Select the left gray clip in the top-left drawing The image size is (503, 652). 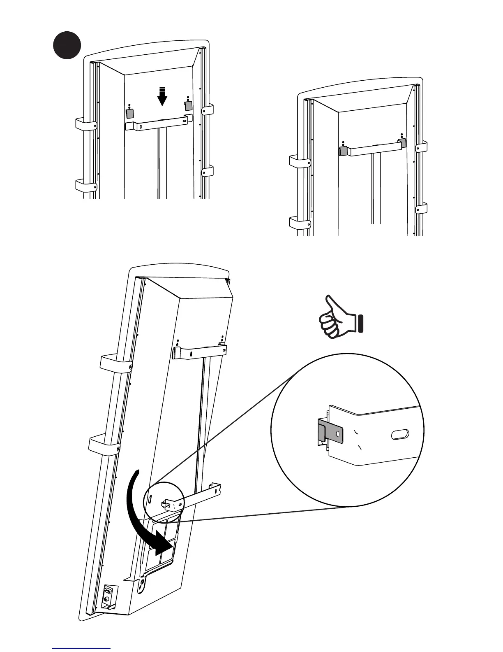129,112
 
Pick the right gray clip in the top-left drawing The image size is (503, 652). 188,105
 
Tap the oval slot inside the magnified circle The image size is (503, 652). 400,434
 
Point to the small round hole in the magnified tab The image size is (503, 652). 338,433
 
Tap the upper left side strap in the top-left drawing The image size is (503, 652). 85,124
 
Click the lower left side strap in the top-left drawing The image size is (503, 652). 85,185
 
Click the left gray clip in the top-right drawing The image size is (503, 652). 342,151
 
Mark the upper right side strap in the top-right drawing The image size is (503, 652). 421,147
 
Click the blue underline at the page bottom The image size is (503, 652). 81,648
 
